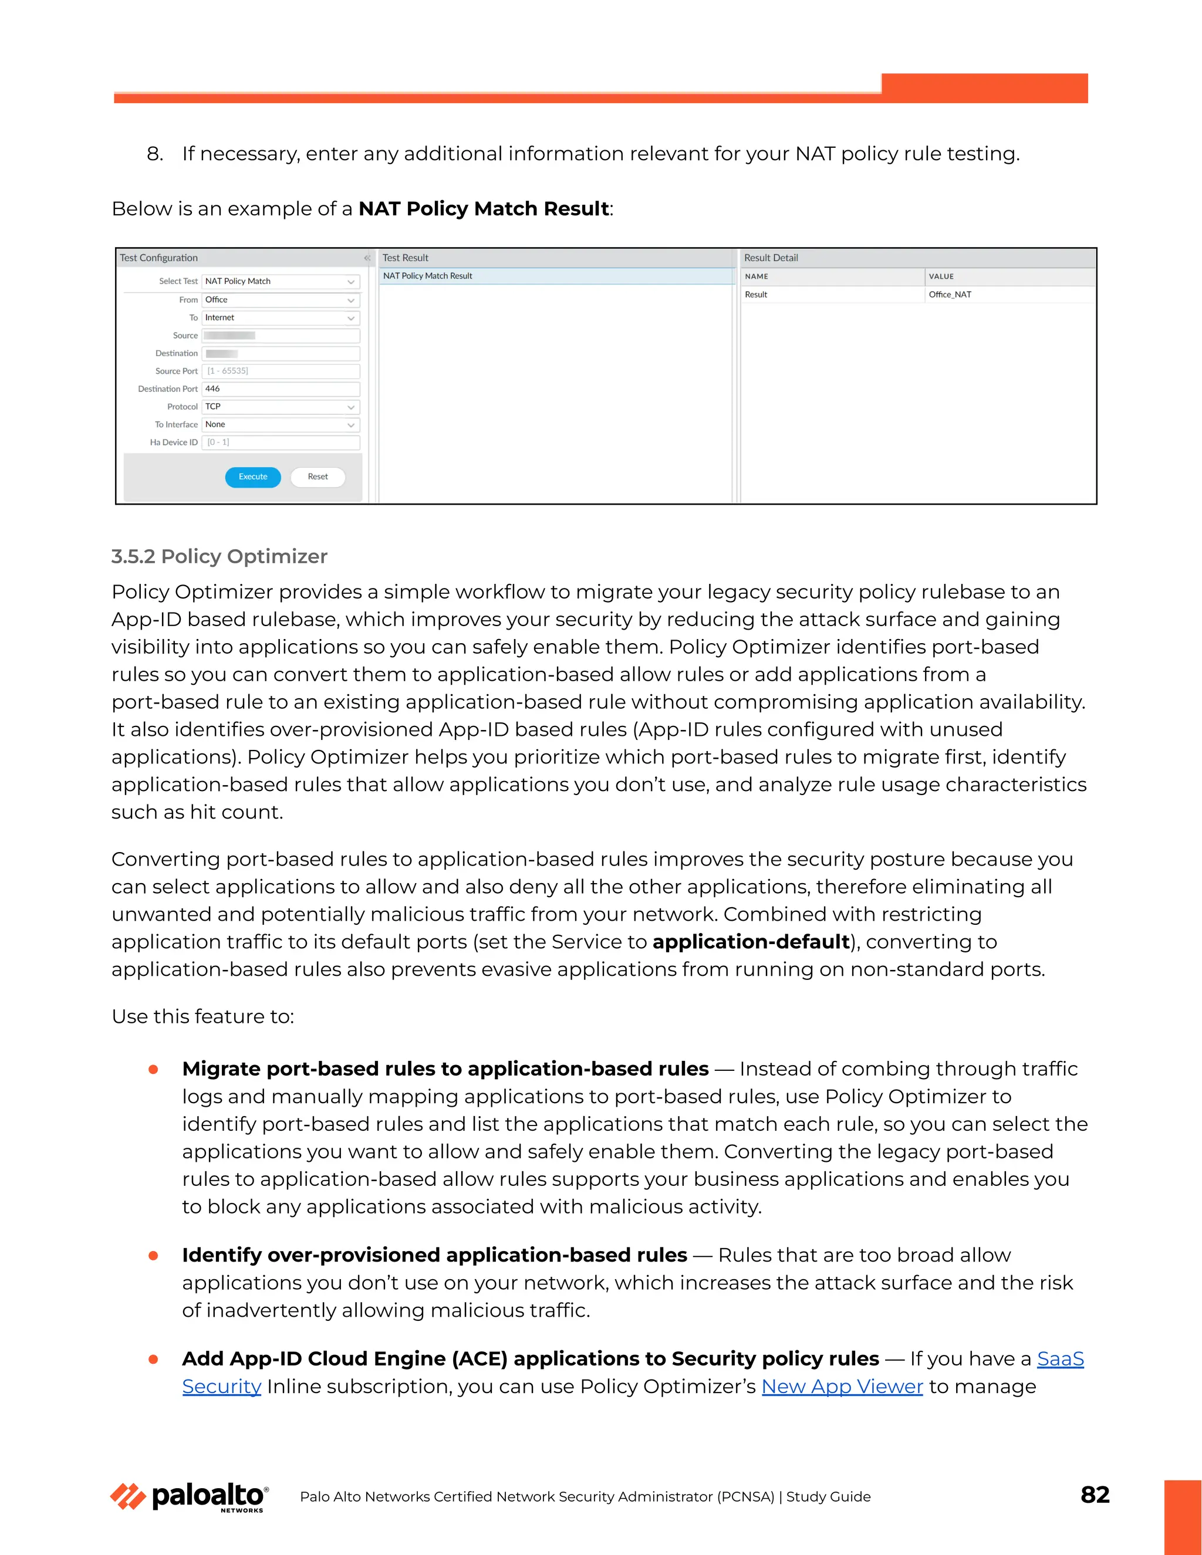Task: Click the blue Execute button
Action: click(253, 477)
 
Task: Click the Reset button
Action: click(318, 477)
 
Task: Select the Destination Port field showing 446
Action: click(281, 388)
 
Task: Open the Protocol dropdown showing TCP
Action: click(281, 407)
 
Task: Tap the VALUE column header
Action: click(941, 276)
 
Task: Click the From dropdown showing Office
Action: click(281, 300)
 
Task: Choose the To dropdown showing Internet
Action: click(281, 317)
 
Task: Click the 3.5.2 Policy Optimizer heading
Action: click(220, 557)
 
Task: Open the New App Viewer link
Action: click(842, 1386)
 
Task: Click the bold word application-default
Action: click(751, 942)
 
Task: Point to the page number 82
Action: click(1095, 1495)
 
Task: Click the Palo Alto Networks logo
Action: click(190, 1497)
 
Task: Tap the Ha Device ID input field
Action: click(281, 442)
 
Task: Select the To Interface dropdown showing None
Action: click(281, 424)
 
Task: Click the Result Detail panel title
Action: click(771, 258)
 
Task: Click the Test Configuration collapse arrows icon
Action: click(367, 258)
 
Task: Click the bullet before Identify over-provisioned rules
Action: click(153, 1256)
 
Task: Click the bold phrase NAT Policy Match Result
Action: click(484, 209)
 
